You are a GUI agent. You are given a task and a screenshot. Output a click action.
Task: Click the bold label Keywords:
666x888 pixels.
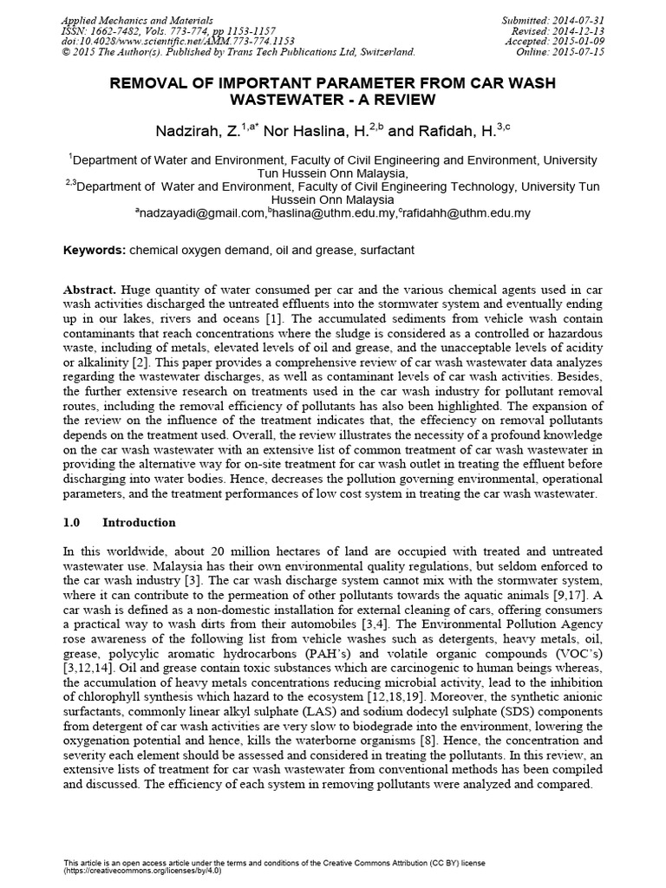click(x=95, y=251)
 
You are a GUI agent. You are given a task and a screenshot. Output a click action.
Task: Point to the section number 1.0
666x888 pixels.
click(x=73, y=522)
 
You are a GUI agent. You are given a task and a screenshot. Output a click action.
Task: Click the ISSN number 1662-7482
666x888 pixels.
click(x=124, y=30)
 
